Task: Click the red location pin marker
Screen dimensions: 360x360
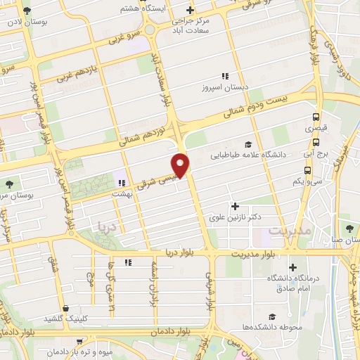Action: coord(181,164)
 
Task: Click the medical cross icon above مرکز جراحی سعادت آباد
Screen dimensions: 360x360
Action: coord(190,10)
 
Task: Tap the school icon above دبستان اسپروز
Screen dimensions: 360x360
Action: coord(225,76)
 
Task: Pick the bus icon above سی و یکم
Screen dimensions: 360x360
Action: coord(307,169)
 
